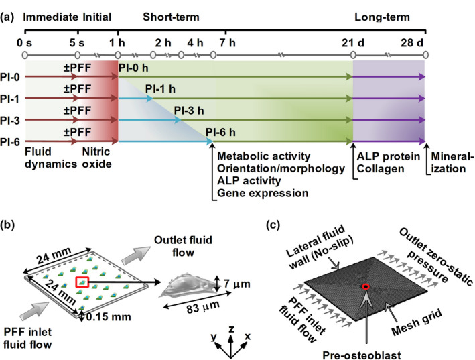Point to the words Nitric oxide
click(100, 158)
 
